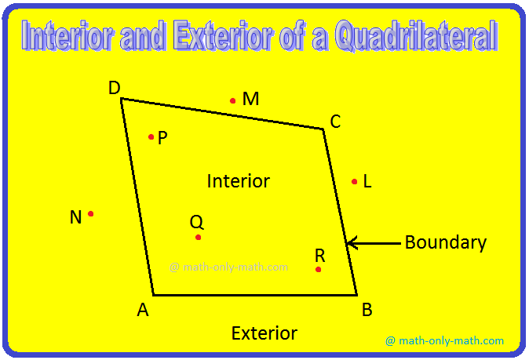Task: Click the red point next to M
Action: [x=232, y=100]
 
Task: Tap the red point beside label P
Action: [x=151, y=136]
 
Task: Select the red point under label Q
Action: [x=198, y=238]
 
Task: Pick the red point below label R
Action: [x=318, y=269]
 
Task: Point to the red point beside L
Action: [x=354, y=182]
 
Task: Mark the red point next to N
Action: [x=90, y=213]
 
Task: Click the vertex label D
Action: [x=115, y=88]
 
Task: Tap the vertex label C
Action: [x=335, y=122]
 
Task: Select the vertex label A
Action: [x=143, y=310]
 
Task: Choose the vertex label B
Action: [x=367, y=310]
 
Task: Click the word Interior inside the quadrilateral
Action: [x=238, y=181]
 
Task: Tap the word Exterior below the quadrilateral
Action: [x=264, y=333]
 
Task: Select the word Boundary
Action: [x=446, y=242]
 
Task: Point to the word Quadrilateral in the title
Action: [x=416, y=36]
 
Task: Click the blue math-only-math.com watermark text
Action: [x=444, y=340]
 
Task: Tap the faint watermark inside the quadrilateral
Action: [x=228, y=267]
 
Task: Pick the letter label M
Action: [x=250, y=99]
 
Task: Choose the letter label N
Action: [x=75, y=217]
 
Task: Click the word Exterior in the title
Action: [x=223, y=36]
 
